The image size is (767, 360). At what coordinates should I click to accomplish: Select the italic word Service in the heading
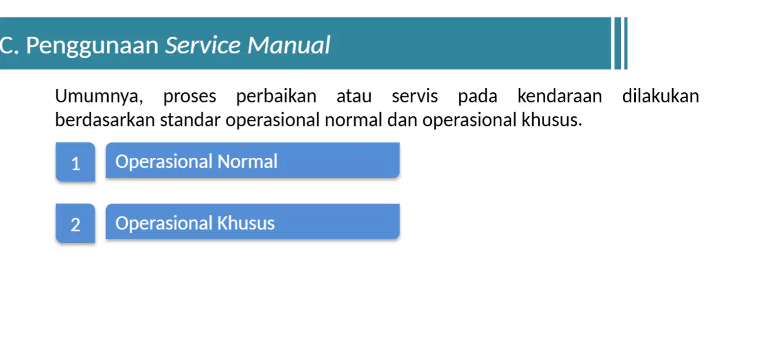tap(203, 45)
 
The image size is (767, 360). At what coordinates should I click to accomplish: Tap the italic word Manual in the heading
tap(288, 45)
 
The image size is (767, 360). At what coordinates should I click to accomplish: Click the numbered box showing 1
tap(76, 162)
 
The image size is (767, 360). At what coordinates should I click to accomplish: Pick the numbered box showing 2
tap(76, 223)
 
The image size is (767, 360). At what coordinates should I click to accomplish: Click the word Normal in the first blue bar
tap(247, 162)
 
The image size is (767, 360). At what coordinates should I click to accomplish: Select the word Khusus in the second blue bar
tap(246, 223)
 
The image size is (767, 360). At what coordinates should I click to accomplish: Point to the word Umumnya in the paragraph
tap(99, 97)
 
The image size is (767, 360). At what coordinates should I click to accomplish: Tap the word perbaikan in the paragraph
tap(276, 97)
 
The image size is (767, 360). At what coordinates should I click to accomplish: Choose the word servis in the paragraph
tap(415, 96)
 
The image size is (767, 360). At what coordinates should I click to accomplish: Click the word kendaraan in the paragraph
tap(560, 96)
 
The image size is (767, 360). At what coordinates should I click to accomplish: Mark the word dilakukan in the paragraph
tap(660, 96)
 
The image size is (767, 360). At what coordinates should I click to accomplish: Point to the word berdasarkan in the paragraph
tap(105, 120)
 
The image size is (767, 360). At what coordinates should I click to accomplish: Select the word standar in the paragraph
tap(190, 120)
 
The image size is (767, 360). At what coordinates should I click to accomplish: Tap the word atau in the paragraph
tap(354, 97)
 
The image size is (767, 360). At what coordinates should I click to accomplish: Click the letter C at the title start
tap(7, 46)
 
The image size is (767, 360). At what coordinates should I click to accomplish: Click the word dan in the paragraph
tap(402, 120)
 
